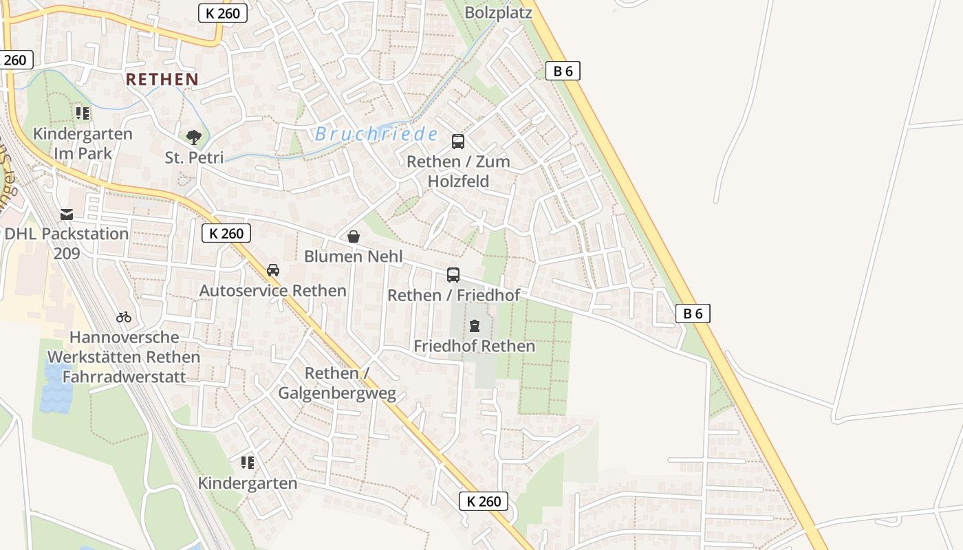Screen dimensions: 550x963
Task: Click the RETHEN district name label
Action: (162, 79)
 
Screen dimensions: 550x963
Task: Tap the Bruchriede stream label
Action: (376, 134)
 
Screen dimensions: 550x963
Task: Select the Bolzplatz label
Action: (499, 13)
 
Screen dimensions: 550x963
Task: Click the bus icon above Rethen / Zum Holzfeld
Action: (458, 142)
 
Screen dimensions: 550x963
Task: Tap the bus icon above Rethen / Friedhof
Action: (453, 275)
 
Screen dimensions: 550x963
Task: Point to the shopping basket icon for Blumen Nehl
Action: (354, 237)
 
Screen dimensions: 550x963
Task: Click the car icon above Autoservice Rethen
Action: (273, 270)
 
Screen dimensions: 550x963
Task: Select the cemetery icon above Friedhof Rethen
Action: (475, 326)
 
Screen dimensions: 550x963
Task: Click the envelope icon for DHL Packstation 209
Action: (67, 214)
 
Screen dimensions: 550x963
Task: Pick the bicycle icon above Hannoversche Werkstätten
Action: (124, 317)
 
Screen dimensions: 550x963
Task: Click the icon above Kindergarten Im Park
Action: (83, 113)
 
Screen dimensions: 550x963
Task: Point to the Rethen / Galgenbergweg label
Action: (337, 383)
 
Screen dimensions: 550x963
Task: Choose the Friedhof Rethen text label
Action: (474, 346)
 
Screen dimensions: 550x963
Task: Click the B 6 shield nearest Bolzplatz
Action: (563, 70)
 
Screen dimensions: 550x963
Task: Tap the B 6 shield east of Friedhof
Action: (692, 313)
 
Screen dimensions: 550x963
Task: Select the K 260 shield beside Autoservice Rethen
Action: (226, 233)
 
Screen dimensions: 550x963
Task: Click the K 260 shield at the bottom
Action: (484, 501)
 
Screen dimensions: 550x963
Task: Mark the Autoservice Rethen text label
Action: (272, 291)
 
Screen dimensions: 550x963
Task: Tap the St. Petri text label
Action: (194, 158)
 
